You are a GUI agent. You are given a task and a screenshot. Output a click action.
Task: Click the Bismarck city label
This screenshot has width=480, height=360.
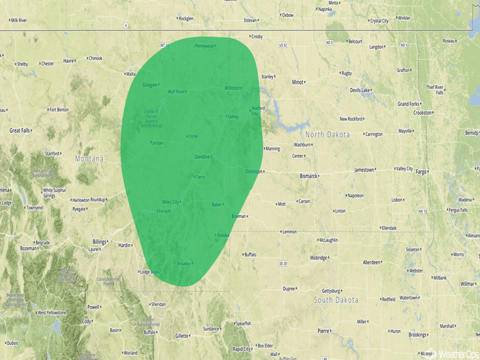click(x=308, y=175)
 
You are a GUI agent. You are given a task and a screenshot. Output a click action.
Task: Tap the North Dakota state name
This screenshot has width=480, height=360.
click(x=327, y=134)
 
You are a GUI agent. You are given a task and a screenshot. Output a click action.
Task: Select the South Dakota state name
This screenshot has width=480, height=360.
click(x=335, y=300)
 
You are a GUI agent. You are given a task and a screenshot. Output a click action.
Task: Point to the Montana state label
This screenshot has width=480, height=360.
click(x=89, y=159)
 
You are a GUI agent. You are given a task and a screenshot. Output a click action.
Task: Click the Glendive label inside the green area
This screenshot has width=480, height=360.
click(x=202, y=157)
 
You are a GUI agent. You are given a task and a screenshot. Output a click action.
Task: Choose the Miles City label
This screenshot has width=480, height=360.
click(x=171, y=202)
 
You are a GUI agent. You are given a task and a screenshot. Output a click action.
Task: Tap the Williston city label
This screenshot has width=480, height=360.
click(x=232, y=88)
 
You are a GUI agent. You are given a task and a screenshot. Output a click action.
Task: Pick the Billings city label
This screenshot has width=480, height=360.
click(x=100, y=242)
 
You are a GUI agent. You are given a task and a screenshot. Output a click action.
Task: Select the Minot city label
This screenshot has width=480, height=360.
click(x=298, y=82)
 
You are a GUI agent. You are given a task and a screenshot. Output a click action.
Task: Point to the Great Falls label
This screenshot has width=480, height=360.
click(x=19, y=130)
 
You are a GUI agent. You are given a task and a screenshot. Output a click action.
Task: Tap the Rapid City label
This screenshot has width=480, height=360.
click(x=242, y=349)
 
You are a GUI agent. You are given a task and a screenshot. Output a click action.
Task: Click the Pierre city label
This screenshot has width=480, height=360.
click(x=323, y=330)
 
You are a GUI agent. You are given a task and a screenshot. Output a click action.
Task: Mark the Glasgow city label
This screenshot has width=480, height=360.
click(x=150, y=85)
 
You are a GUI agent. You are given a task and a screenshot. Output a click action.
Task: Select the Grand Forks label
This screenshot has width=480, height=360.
click(x=408, y=104)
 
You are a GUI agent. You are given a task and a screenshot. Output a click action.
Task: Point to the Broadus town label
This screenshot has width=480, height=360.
click(x=184, y=264)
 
